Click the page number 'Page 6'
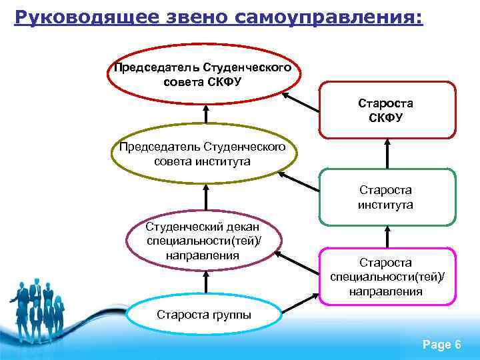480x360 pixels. click(x=442, y=344)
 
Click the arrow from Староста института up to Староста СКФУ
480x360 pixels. click(x=387, y=153)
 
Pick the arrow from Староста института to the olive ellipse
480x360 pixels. click(x=299, y=182)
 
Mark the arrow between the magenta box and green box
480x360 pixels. click(x=387, y=236)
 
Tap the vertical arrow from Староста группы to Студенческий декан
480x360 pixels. click(x=206, y=283)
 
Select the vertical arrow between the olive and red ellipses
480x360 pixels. click(x=206, y=114)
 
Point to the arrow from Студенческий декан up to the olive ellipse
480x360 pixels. click(x=206, y=197)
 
